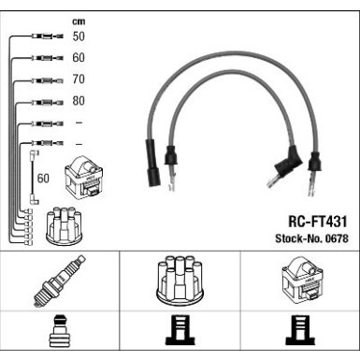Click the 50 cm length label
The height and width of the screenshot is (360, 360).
click(x=79, y=36)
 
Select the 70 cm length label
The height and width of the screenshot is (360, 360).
click(x=79, y=79)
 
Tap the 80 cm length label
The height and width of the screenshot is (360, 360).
click(x=79, y=101)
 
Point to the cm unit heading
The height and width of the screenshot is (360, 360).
click(x=79, y=22)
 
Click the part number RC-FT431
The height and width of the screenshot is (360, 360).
click(x=318, y=222)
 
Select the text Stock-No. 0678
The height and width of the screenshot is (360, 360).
click(x=311, y=238)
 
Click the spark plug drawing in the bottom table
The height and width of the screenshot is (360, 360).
click(x=60, y=281)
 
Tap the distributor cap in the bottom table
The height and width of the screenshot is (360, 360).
click(x=180, y=281)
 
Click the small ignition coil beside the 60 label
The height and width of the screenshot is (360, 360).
click(x=84, y=177)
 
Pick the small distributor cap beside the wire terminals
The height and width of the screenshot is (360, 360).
click(x=64, y=225)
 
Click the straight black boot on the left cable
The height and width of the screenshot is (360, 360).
click(x=152, y=163)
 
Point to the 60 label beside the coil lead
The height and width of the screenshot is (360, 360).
click(x=43, y=179)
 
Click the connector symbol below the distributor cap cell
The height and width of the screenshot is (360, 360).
click(x=180, y=330)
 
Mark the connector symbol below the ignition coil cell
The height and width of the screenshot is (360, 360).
click(x=300, y=330)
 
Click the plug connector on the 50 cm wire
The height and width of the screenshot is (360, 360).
click(x=48, y=36)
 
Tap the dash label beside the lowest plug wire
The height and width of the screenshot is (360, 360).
click(x=79, y=144)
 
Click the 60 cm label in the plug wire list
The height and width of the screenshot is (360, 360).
click(x=79, y=58)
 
